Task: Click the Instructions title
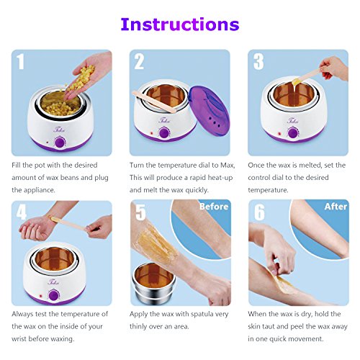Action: (x=180, y=24)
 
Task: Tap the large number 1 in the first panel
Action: (x=21, y=62)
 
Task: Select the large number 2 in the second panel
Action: (x=139, y=62)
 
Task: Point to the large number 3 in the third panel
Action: (x=258, y=62)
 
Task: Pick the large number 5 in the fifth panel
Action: (x=140, y=212)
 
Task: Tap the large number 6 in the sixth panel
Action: (x=259, y=212)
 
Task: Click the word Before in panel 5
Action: (x=214, y=207)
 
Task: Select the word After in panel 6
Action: (x=336, y=207)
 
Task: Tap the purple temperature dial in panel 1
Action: (x=60, y=143)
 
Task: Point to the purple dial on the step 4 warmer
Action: (x=53, y=295)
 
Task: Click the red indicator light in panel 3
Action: (x=279, y=134)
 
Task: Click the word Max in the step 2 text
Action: (x=227, y=165)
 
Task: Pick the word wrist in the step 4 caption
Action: (x=19, y=339)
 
